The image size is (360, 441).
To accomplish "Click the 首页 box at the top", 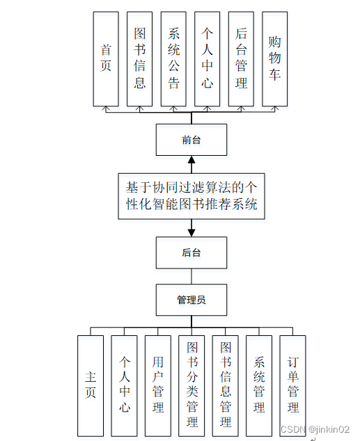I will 106,58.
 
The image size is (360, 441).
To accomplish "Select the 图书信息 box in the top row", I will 140,58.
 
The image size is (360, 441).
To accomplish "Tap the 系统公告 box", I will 173,58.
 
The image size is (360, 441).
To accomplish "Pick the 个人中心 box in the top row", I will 208,58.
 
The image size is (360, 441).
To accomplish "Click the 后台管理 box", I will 241,58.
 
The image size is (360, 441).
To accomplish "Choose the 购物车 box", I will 275,58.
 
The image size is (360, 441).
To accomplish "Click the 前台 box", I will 191,140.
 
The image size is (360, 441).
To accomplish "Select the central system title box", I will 191,195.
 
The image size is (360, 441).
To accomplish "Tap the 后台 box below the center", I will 191,252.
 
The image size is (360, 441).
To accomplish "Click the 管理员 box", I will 191,300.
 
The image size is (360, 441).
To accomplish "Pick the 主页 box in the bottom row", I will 91,385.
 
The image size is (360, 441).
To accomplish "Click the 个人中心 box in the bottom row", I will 125,385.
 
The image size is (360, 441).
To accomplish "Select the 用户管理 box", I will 158,385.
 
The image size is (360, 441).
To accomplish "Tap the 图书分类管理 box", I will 192,385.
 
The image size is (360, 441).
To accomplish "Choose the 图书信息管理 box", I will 226,385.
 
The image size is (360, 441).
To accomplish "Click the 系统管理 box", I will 259,385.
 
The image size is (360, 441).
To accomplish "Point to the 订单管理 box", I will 293,385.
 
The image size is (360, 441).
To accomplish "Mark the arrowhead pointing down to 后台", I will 191,231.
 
